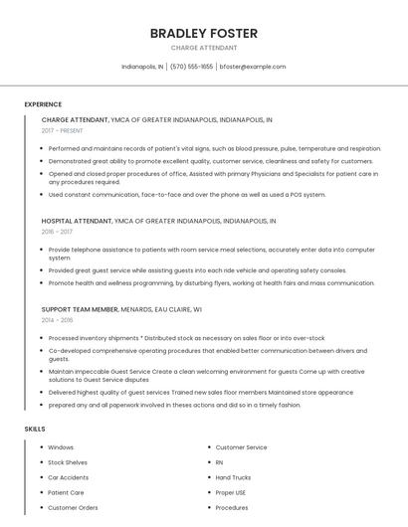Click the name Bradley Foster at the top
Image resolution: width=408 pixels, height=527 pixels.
tap(204, 33)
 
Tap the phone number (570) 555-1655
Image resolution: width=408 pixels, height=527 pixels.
tap(191, 67)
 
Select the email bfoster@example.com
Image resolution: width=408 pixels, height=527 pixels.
tap(253, 67)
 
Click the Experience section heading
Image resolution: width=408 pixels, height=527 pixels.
tap(43, 103)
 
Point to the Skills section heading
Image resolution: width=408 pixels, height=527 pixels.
tap(35, 429)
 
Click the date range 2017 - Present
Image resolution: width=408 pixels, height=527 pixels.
tap(62, 130)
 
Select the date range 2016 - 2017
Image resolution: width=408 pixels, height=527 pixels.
tap(57, 231)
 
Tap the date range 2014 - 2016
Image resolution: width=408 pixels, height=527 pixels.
tap(57, 320)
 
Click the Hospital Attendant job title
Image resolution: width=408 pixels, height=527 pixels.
tap(77, 221)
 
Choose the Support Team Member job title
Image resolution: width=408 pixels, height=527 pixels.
tap(80, 309)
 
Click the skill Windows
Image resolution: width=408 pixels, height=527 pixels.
tap(61, 447)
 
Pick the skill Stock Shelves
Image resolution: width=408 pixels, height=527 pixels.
tap(68, 462)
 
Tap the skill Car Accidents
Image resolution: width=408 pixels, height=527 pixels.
tap(69, 477)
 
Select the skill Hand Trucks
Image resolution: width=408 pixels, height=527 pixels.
tap(233, 477)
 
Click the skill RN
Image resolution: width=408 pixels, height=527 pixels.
tap(220, 462)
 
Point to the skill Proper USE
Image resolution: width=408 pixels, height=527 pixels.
tap(231, 492)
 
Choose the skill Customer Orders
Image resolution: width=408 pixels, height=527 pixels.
tap(73, 507)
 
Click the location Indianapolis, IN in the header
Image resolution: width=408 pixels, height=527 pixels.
tap(142, 67)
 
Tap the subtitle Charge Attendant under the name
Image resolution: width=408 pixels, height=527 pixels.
tap(204, 48)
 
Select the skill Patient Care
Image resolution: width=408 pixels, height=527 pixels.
tap(66, 492)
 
